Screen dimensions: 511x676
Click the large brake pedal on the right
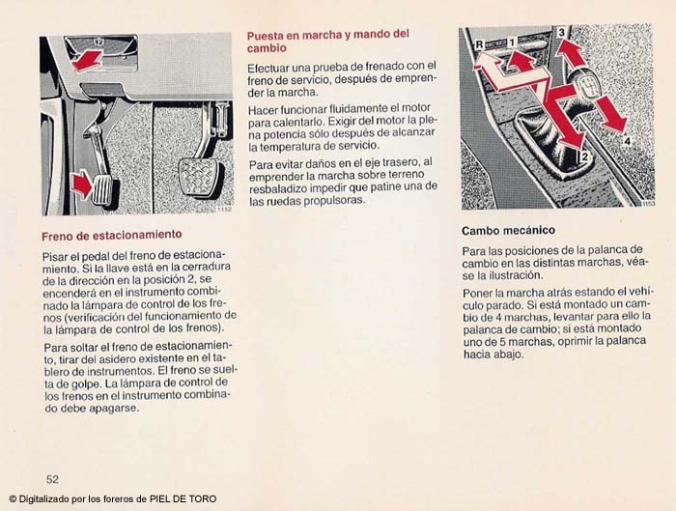pos(201,176)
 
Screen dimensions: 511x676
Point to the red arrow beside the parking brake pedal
pos(82,185)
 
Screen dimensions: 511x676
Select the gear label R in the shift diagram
pos(479,43)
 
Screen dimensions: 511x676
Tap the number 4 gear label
pos(626,140)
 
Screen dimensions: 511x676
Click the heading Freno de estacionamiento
pos(112,235)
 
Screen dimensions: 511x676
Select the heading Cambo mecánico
pos(508,231)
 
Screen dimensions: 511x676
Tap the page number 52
pos(52,478)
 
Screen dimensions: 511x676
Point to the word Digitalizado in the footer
pos(45,499)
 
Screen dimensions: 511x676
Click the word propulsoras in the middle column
pos(331,200)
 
